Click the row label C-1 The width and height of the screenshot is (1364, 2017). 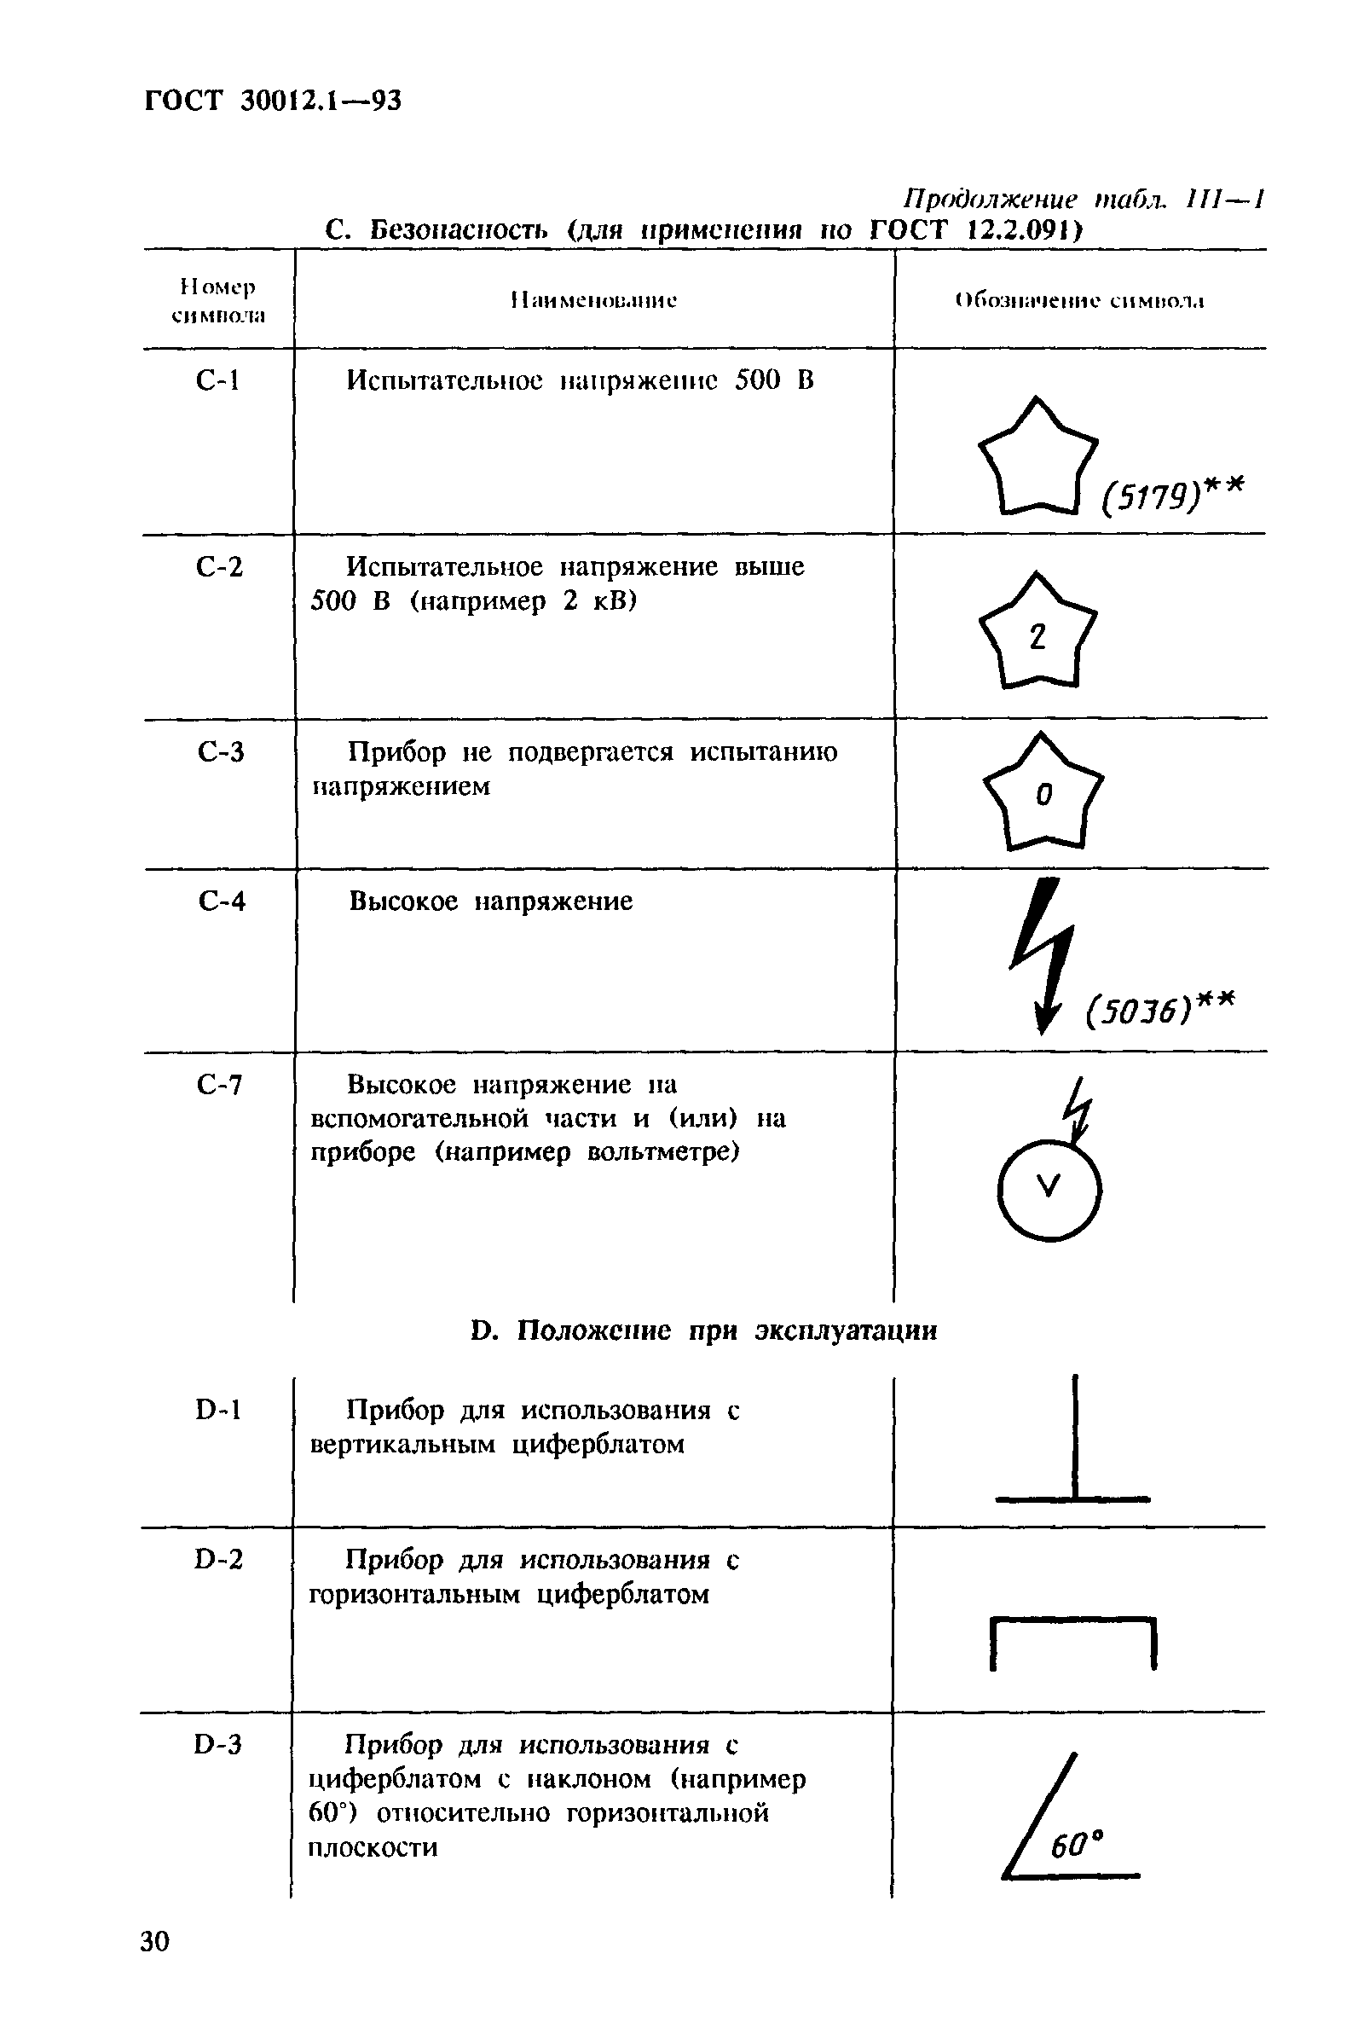tap(217, 380)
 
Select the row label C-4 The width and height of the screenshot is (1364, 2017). tap(222, 901)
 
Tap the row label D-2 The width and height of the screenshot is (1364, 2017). tap(218, 1560)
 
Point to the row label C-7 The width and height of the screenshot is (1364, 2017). tap(220, 1084)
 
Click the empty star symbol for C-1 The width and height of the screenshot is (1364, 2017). tap(1037, 460)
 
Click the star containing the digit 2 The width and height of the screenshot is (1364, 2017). tap(1037, 635)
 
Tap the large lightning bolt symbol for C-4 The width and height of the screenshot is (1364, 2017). tap(1043, 954)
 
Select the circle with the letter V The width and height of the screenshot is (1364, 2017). tap(1049, 1188)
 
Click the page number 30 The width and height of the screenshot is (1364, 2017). tap(155, 1965)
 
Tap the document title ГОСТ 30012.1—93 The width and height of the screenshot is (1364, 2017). tap(273, 101)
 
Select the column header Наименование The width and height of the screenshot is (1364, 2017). tap(594, 301)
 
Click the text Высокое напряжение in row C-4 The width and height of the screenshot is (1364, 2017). tap(490, 901)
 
